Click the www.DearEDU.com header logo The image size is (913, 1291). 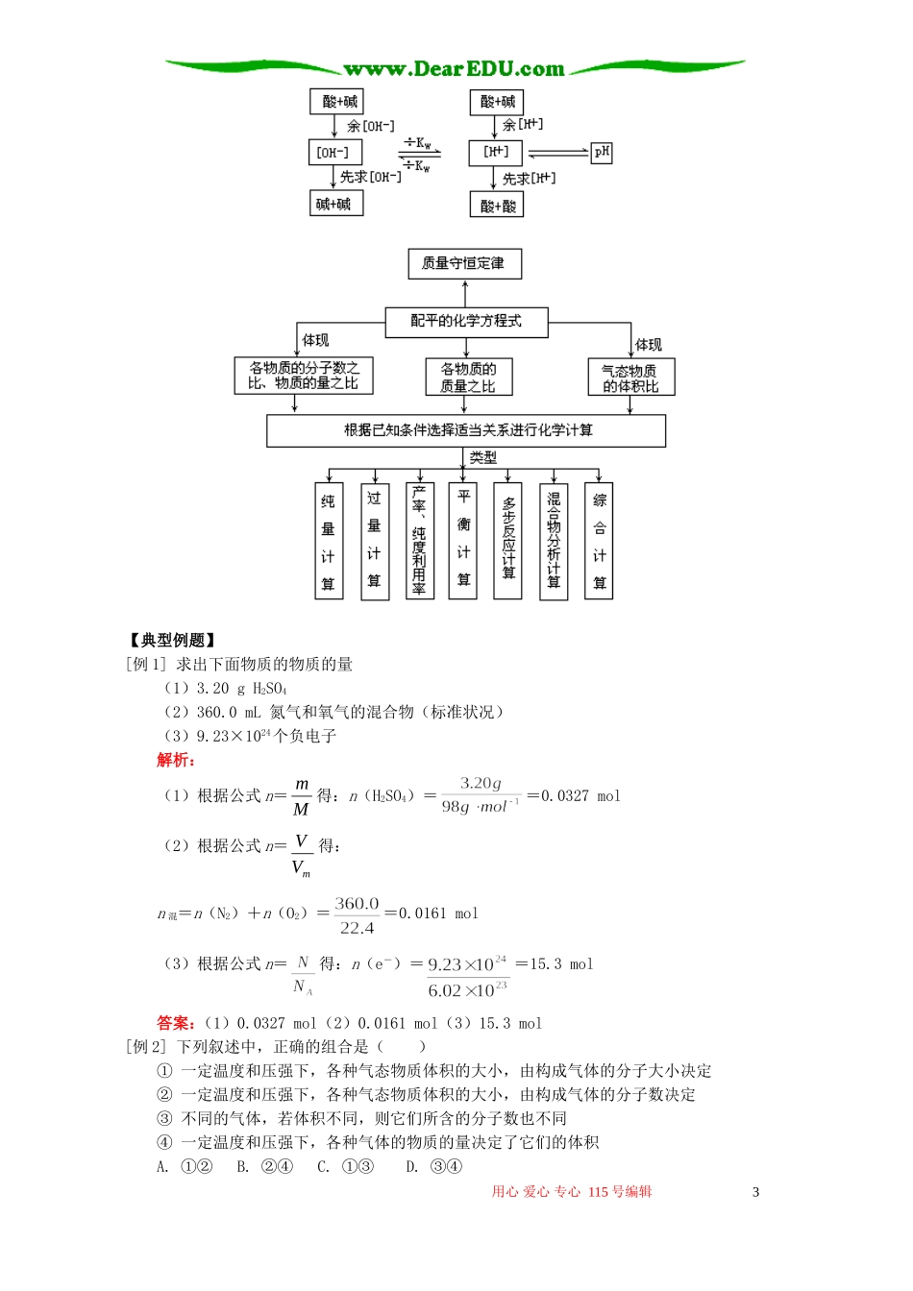(455, 68)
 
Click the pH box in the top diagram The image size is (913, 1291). (602, 152)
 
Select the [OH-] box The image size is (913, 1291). (334, 153)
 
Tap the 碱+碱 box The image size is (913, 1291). (334, 204)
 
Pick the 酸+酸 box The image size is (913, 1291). (497, 205)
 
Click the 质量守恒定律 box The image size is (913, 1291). (465, 263)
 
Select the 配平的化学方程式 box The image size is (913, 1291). (466, 321)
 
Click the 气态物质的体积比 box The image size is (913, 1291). (631, 378)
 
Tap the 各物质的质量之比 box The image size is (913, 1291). (469, 378)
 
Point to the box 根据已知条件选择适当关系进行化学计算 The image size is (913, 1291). (466, 430)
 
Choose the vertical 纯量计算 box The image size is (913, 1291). (329, 541)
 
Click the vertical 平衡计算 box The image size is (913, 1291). (463, 541)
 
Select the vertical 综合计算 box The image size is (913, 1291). (600, 541)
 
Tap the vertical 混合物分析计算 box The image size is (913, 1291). (554, 541)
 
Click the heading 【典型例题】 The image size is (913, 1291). (172, 641)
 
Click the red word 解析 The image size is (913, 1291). (176, 760)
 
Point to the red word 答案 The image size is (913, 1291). (176, 1023)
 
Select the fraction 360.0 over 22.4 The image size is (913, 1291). (357, 915)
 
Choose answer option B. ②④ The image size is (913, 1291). (265, 1166)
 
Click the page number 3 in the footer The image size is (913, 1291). (755, 1192)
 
